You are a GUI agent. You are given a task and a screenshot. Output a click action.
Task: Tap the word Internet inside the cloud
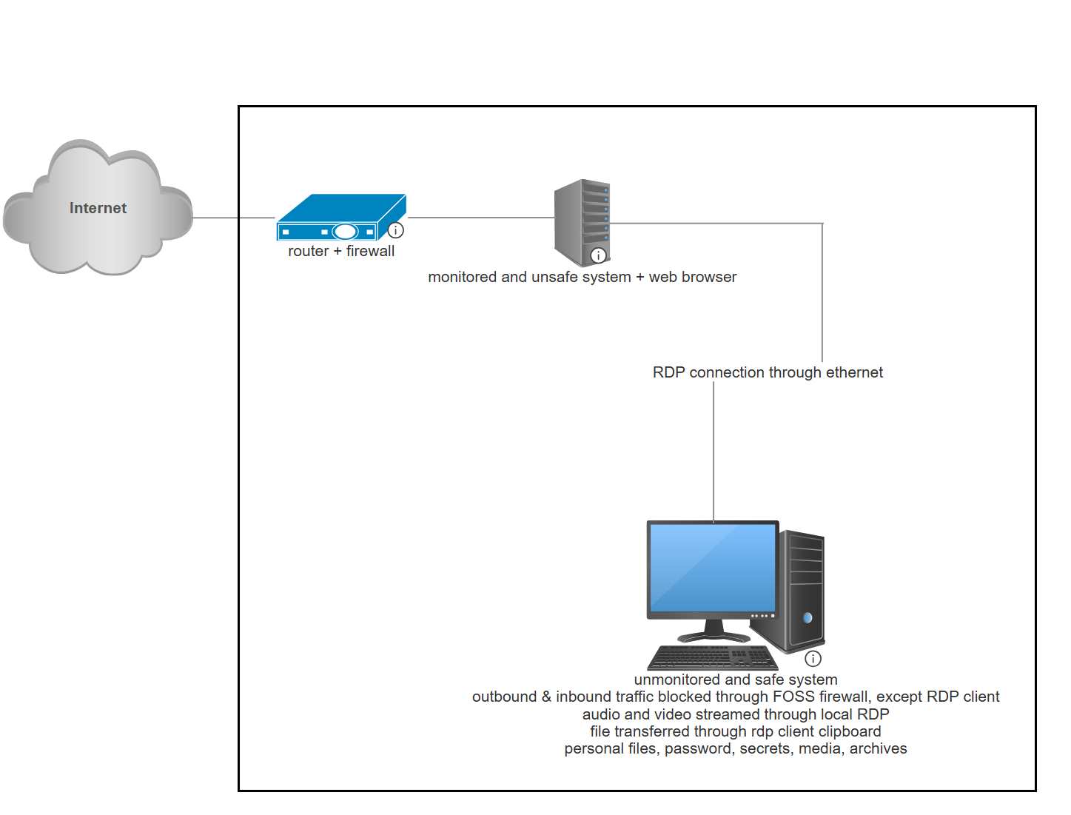(x=98, y=208)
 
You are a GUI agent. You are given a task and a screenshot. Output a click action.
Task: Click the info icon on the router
(x=396, y=230)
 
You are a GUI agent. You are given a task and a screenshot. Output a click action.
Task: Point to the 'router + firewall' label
(x=341, y=251)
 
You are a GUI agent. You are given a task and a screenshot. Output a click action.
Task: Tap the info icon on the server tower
(x=598, y=255)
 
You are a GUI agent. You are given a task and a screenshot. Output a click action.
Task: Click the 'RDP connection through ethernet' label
(x=768, y=372)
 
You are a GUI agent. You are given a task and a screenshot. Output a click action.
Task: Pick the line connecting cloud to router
(x=233, y=218)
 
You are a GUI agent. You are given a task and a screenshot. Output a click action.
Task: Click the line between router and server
(x=481, y=218)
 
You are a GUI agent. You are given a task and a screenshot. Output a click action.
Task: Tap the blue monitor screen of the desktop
(x=712, y=567)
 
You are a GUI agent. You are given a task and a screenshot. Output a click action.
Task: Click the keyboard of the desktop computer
(x=712, y=657)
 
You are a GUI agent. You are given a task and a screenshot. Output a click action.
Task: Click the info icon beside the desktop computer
(x=813, y=658)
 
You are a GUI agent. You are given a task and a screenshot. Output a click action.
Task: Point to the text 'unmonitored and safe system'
(x=736, y=680)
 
